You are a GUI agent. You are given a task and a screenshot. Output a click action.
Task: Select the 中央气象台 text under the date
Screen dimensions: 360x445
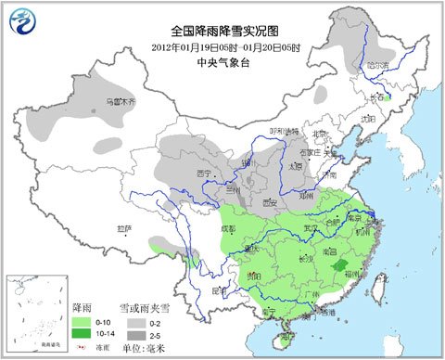[222, 62]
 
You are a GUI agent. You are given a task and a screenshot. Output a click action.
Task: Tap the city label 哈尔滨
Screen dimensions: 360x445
[378, 67]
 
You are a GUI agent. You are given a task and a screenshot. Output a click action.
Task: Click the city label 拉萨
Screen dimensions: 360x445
[125, 228]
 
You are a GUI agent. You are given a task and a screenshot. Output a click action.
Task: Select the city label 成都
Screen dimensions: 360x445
[227, 228]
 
